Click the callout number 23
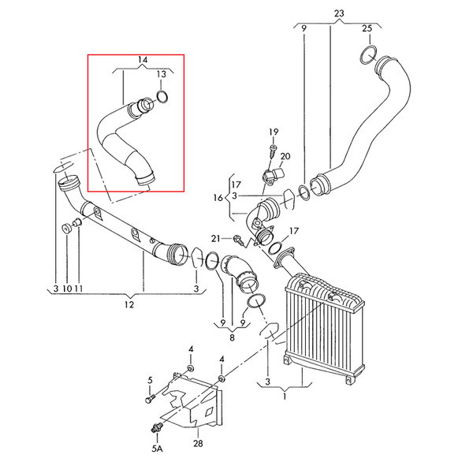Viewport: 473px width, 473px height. pyautogui.click(x=339, y=13)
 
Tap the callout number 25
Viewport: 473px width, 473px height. pyautogui.click(x=367, y=28)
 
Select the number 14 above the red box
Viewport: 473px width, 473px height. pyautogui.click(x=143, y=59)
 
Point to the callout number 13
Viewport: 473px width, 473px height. pyautogui.click(x=162, y=74)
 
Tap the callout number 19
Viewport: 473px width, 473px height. pyautogui.click(x=274, y=132)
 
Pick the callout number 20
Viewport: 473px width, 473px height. pyautogui.click(x=285, y=156)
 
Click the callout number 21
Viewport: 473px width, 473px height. pyautogui.click(x=216, y=239)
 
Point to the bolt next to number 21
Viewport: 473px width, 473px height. pyautogui.click(x=238, y=240)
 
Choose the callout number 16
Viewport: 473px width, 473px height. pyautogui.click(x=218, y=198)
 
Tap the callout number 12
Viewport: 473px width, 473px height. pyautogui.click(x=128, y=304)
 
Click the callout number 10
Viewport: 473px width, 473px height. pyautogui.click(x=67, y=289)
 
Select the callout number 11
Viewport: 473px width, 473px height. pyautogui.click(x=78, y=289)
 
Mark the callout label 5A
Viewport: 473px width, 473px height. pyautogui.click(x=157, y=449)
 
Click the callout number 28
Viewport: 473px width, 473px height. pyautogui.click(x=198, y=443)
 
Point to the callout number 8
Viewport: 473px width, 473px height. pyautogui.click(x=232, y=337)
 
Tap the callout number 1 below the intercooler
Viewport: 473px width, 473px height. pyautogui.click(x=285, y=397)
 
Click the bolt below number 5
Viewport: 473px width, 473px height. pyautogui.click(x=150, y=398)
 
